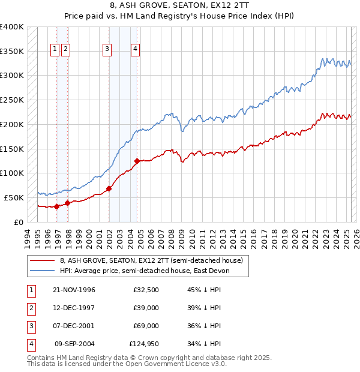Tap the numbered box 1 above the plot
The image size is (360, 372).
tap(55, 49)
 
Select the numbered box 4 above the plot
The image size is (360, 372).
tap(136, 49)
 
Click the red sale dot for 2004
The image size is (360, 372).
tap(137, 161)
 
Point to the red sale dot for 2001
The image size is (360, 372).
tap(109, 188)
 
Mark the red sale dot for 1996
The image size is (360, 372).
tap(57, 206)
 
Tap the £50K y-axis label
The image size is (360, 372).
tap(14, 197)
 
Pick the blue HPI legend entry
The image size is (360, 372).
tap(145, 271)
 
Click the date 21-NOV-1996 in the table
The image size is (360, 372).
tap(74, 290)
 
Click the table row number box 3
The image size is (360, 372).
tap(30, 326)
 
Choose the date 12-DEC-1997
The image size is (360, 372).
tap(74, 308)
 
